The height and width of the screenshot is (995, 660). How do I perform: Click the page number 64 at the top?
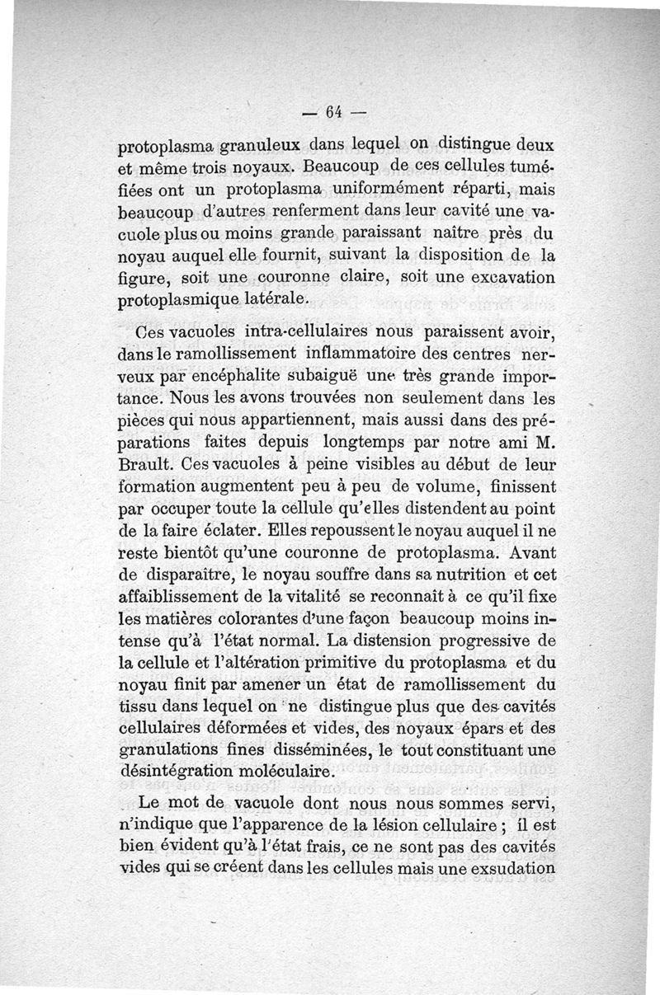tap(333, 112)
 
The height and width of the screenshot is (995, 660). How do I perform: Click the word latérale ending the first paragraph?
tap(277, 299)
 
